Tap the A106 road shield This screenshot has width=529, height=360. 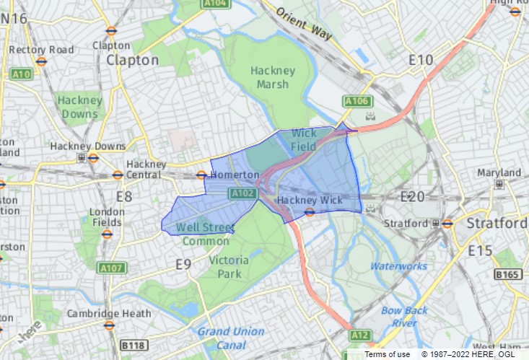click(357, 100)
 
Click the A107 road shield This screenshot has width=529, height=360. click(112, 268)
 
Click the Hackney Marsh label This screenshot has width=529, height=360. click(273, 77)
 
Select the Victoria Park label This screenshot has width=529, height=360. click(228, 267)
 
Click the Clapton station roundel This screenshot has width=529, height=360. click(111, 30)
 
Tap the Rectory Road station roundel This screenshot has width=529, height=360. click(41, 61)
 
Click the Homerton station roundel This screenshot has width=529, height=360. click(201, 175)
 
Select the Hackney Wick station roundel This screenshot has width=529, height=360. click(309, 211)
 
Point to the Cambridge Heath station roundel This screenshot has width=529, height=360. click(109, 325)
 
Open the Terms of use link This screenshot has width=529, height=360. click(387, 354)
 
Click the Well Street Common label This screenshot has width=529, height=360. click(206, 234)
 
